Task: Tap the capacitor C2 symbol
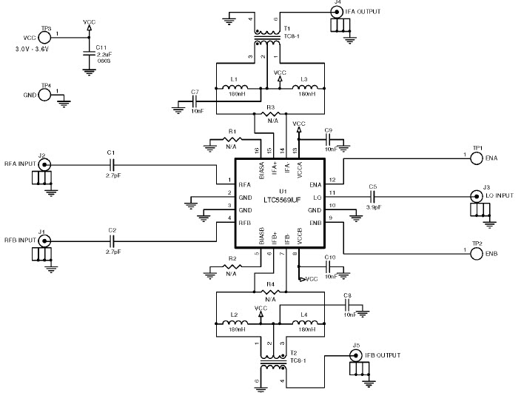[112, 241]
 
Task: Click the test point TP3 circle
[45, 38]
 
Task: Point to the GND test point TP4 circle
[45, 95]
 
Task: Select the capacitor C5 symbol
[373, 195]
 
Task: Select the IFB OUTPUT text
[384, 356]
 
